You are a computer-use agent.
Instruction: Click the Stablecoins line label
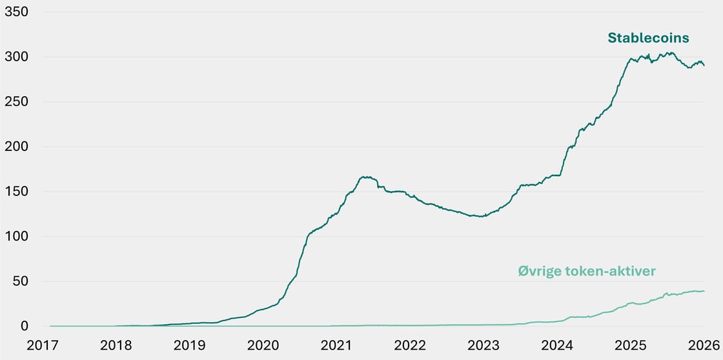click(x=648, y=38)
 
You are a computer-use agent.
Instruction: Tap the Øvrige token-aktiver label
click(x=587, y=271)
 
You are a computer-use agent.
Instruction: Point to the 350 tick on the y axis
click(x=16, y=12)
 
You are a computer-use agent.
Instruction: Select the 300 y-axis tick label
click(x=16, y=57)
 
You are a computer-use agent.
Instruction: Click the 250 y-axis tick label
click(x=16, y=102)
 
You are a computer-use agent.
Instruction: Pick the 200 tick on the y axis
click(x=16, y=146)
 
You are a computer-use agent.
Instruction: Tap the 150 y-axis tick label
click(x=16, y=192)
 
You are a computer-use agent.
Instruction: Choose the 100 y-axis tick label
click(x=16, y=237)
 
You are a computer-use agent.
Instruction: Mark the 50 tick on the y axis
click(x=20, y=281)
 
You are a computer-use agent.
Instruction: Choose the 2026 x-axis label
click(x=704, y=345)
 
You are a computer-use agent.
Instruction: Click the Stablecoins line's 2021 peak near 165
click(x=364, y=177)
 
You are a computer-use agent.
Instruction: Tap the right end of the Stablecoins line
click(x=704, y=65)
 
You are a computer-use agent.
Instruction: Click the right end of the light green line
click(x=704, y=291)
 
